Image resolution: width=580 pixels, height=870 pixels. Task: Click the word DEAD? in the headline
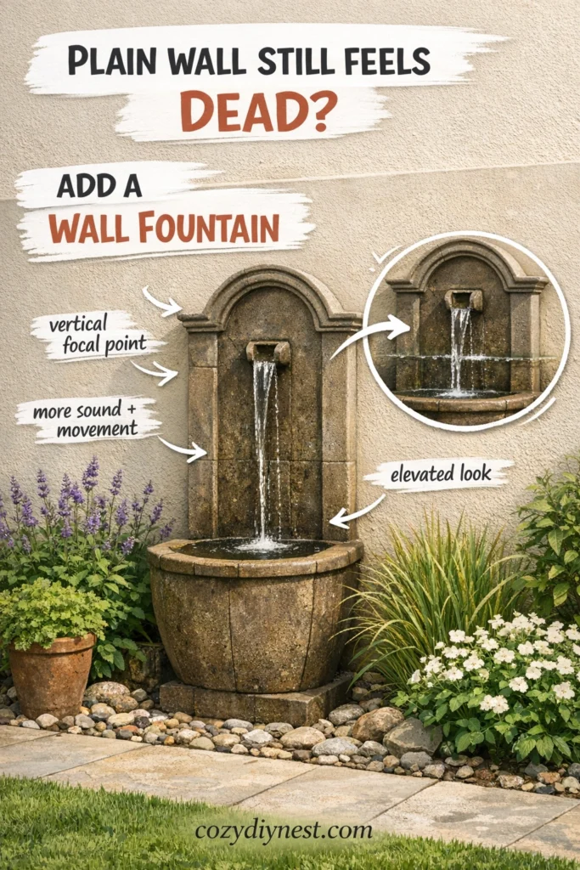[x=258, y=110]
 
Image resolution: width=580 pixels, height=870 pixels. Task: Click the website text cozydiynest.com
[x=284, y=831]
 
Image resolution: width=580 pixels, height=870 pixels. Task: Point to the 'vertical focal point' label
[x=98, y=334]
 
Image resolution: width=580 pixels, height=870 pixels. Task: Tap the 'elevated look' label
[x=441, y=473]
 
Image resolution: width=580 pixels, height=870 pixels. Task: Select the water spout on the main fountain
[x=268, y=352]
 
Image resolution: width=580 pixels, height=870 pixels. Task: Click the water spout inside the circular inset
[x=464, y=299]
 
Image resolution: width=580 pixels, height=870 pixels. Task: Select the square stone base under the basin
[x=256, y=698]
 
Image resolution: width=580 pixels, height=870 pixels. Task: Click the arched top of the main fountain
[x=270, y=294]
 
